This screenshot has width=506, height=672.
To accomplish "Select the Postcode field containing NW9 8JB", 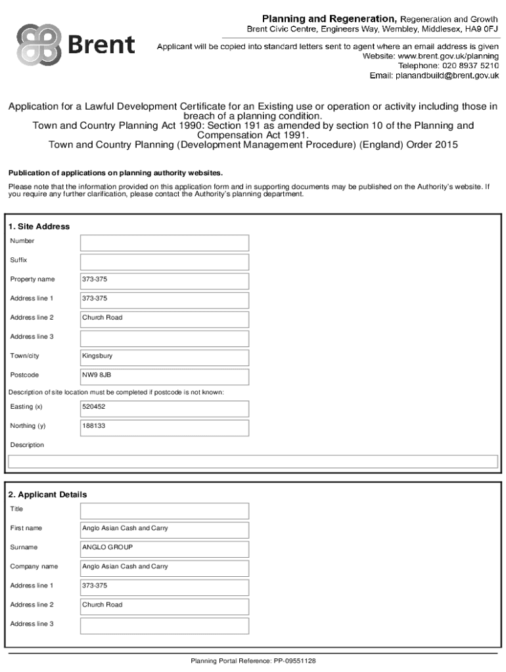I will tap(164, 376).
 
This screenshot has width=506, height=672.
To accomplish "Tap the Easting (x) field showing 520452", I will tap(164, 408).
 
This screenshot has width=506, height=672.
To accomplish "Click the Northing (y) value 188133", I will tap(164, 427).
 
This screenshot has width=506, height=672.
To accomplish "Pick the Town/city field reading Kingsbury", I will tap(164, 357).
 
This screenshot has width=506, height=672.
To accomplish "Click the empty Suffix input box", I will tap(164, 262).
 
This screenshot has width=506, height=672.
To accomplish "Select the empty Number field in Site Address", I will tap(164, 243).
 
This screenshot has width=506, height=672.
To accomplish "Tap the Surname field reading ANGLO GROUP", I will tap(164, 549).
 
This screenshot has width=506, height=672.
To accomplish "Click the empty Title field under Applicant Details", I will tap(164, 511).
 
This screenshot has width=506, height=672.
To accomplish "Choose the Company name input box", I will tap(164, 568).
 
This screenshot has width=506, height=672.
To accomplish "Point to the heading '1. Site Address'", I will tap(39, 226).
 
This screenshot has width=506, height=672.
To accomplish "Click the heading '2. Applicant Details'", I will tap(47, 494).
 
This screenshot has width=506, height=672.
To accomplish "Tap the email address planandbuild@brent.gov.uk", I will tap(446, 75).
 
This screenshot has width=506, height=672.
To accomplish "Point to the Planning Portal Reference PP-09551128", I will tap(253, 661).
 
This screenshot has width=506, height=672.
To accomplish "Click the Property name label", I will tap(33, 280).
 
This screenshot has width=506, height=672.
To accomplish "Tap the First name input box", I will tap(164, 530).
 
